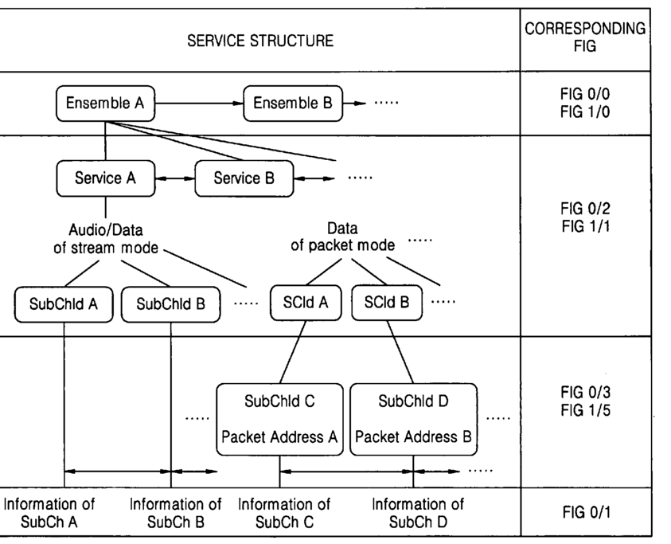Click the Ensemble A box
pos(105,103)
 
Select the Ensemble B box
pos(292,103)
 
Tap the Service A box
pos(105,178)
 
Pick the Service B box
pos(244,178)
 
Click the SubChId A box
pos(64,303)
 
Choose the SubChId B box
pos(171,303)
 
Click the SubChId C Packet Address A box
pos(279,419)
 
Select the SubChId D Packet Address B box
pos(413,419)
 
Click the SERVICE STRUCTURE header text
pos(260,41)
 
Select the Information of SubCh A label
pos(50,514)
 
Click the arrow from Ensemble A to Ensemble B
pos(198,103)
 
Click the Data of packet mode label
pos(341,237)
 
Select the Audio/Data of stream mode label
pos(100,238)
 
